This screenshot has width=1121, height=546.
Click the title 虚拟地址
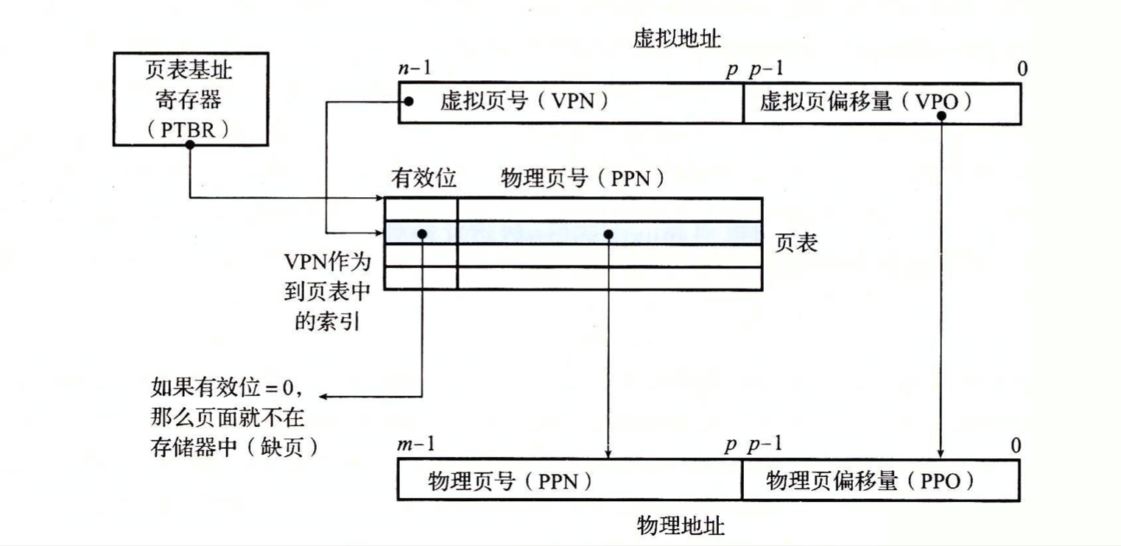click(x=676, y=40)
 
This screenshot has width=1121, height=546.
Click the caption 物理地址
click(x=680, y=526)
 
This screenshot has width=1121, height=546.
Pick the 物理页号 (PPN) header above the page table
click(x=583, y=179)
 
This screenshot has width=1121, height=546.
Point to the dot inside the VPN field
click(x=409, y=102)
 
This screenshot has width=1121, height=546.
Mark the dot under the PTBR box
click(x=190, y=145)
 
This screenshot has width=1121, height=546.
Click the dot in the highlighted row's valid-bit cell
click(x=422, y=233)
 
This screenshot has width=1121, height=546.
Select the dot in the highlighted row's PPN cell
click(x=608, y=233)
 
